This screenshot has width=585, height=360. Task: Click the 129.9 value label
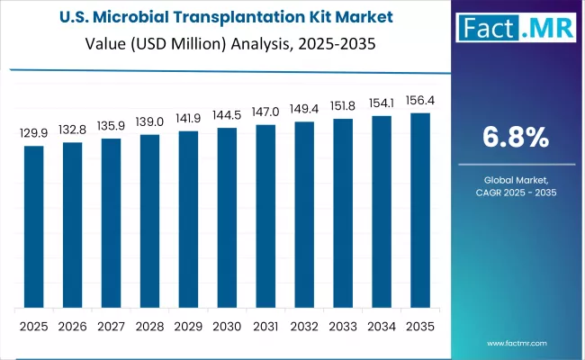click(33, 132)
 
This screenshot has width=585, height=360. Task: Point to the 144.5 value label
click(227, 115)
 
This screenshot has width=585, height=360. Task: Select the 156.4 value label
click(420, 100)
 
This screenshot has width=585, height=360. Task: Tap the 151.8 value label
click(343, 105)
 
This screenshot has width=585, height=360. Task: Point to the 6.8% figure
click(516, 137)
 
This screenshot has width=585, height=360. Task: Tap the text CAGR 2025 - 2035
click(516, 193)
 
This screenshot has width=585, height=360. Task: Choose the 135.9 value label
click(111, 125)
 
